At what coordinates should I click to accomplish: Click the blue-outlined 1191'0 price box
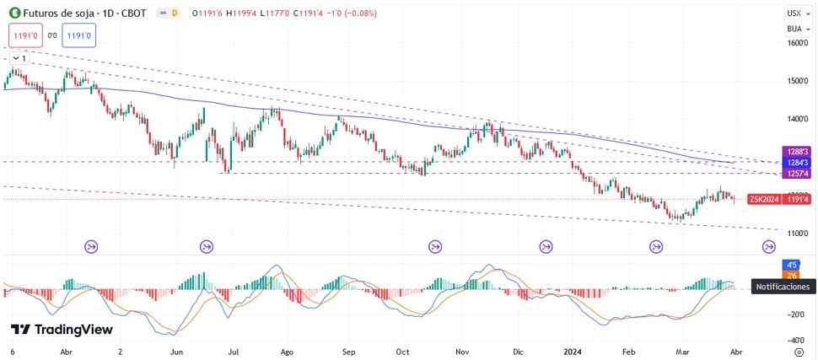pyautogui.click(x=78, y=35)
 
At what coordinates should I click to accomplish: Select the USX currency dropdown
pyautogui.click(x=794, y=13)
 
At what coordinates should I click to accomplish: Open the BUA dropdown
pyautogui.click(x=794, y=29)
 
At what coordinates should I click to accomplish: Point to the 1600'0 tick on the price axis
pyautogui.click(x=798, y=43)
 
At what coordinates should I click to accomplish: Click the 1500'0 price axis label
pyautogui.click(x=798, y=81)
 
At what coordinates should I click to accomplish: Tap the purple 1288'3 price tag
pyautogui.click(x=798, y=151)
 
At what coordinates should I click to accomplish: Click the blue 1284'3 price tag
pyautogui.click(x=798, y=162)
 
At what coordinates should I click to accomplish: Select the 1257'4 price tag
pyautogui.click(x=798, y=174)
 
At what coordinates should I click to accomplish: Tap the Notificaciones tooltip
pyautogui.click(x=783, y=287)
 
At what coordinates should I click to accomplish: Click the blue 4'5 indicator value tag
pyautogui.click(x=792, y=265)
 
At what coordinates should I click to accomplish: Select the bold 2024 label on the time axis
pyautogui.click(x=573, y=351)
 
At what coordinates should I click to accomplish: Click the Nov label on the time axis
pyautogui.click(x=460, y=351)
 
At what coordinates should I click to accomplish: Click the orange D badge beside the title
pyautogui.click(x=174, y=13)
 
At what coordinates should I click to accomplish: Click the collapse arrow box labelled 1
pyautogui.click(x=19, y=58)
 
